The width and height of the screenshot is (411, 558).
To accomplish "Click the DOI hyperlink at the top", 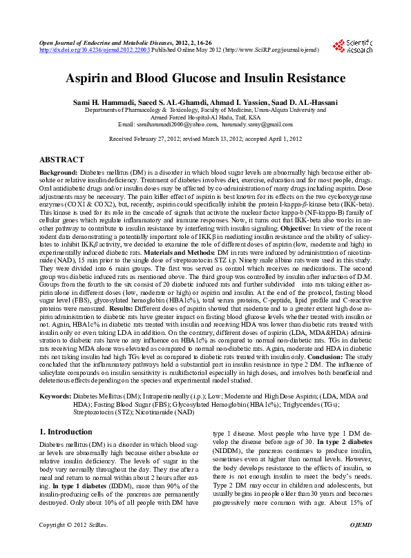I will (94, 50).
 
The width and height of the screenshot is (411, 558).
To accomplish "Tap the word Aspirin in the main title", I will (88, 78).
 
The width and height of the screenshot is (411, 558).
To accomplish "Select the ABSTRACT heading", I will (61, 160).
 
